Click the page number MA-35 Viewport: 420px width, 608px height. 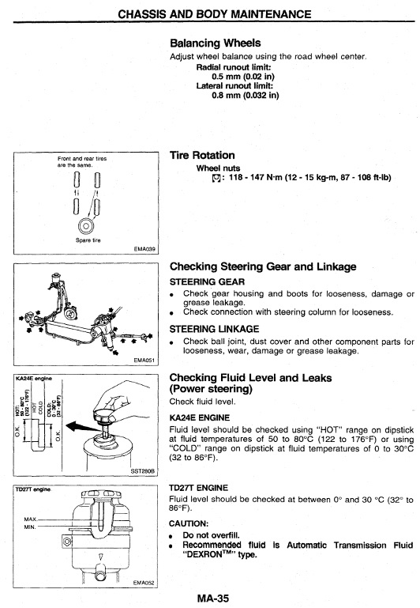point(213,598)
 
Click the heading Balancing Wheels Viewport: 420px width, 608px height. point(216,43)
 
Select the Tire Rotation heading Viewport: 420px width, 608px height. point(202,155)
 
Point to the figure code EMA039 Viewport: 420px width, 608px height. point(144,248)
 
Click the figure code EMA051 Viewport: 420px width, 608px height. point(144,361)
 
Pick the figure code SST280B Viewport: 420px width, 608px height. point(142,470)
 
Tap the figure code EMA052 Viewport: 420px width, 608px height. point(144,583)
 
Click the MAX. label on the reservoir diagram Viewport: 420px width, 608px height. point(31,519)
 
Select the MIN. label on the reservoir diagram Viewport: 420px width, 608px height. point(30,527)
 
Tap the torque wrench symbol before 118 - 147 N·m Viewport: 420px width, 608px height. point(217,178)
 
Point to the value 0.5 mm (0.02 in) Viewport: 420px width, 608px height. point(243,77)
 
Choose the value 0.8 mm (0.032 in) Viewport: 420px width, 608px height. point(246,95)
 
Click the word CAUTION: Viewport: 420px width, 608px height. point(189,523)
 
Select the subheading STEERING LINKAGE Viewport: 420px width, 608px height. point(214,329)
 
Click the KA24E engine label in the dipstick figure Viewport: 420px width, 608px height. point(34,378)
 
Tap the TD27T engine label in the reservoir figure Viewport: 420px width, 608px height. point(33,489)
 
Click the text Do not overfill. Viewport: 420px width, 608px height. point(212,535)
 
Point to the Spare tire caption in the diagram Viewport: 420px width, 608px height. point(88,240)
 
